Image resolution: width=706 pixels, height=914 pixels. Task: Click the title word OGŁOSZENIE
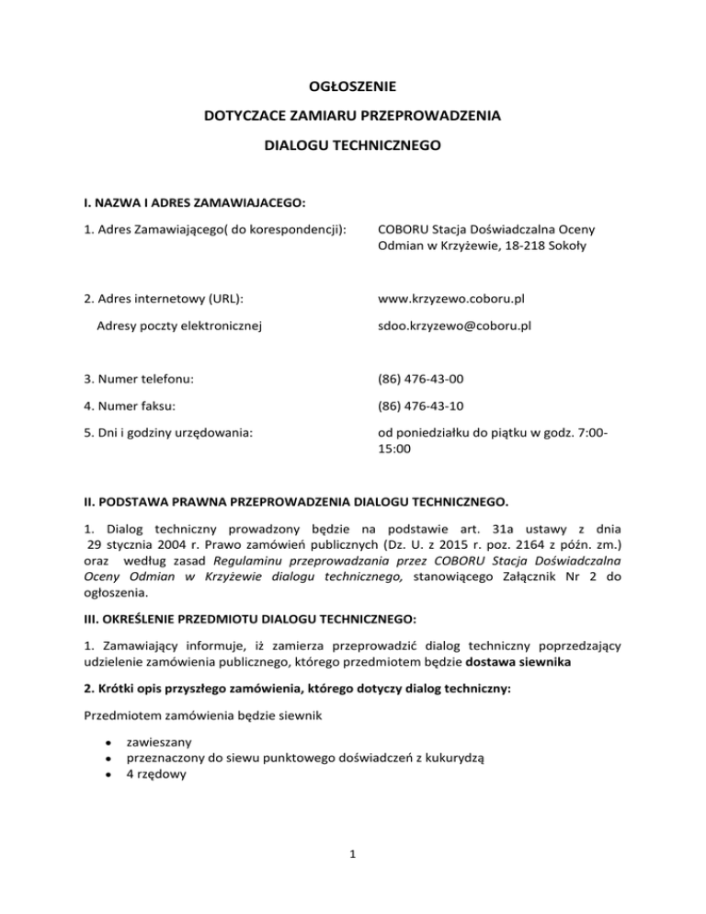pos(353,87)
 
